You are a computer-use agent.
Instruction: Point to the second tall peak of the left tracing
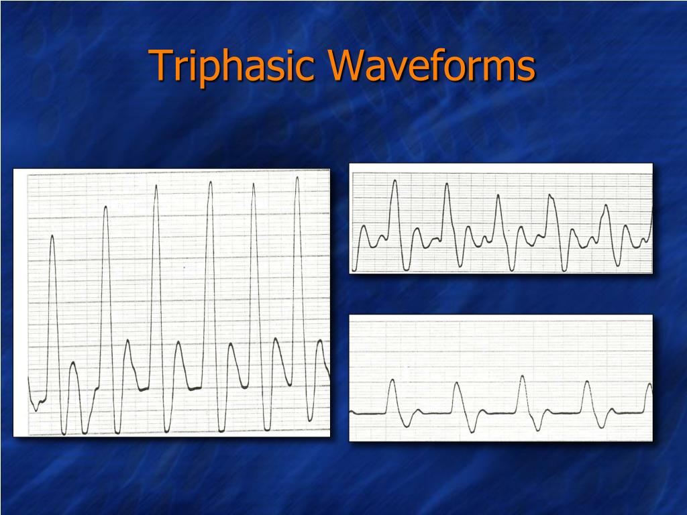point(106,208)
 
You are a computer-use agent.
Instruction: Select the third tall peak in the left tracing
point(156,186)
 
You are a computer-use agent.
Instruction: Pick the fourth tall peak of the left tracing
point(210,182)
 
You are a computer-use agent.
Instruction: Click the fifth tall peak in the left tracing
point(253,184)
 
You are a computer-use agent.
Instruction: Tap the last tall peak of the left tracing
point(297,178)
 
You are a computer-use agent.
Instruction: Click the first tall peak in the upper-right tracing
point(394,181)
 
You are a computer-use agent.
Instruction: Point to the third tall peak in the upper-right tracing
point(498,196)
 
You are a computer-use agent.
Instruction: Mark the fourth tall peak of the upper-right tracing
point(550,196)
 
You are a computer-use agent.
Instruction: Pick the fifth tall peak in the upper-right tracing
point(606,205)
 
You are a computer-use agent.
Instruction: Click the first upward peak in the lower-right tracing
point(392,380)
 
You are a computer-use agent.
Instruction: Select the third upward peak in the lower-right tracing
point(522,377)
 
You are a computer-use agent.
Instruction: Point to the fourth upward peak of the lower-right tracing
point(587,382)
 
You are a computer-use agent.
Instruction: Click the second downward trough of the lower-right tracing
point(474,430)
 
